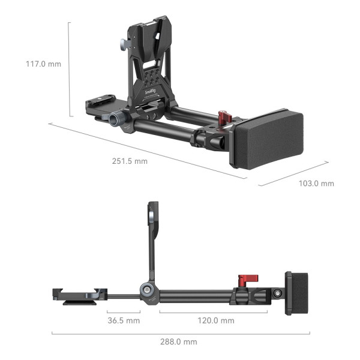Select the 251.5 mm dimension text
(129, 161)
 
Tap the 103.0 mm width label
(316, 183)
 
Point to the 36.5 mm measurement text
(123, 320)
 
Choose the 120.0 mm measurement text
(215, 320)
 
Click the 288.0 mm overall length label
(178, 341)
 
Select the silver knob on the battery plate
(122, 45)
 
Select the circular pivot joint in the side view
(146, 292)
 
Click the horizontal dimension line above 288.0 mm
(180, 333)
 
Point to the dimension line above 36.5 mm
(124, 311)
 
